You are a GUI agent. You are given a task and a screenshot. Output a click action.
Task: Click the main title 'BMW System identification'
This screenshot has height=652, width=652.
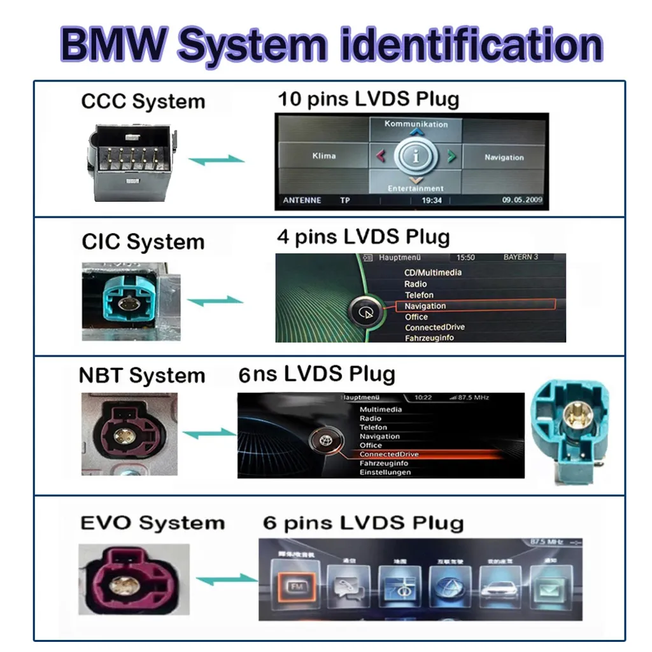click(x=331, y=44)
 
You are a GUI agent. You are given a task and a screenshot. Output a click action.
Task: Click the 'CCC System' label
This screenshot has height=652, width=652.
click(x=143, y=101)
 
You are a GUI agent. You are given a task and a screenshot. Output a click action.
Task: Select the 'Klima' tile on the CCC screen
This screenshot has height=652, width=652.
click(x=323, y=156)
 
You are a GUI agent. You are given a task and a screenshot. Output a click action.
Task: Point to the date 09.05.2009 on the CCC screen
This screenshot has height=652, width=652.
click(x=522, y=200)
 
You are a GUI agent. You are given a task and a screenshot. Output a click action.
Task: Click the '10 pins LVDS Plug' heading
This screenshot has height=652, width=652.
click(x=368, y=99)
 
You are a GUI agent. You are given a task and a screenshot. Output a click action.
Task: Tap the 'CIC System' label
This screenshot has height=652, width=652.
click(x=143, y=242)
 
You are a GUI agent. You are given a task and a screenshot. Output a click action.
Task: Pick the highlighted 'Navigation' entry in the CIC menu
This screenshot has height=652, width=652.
click(x=425, y=306)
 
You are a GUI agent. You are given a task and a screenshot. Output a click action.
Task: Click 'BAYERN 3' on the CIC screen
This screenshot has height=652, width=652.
click(x=520, y=257)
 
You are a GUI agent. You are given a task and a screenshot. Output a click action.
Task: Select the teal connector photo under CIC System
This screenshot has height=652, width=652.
click(x=131, y=300)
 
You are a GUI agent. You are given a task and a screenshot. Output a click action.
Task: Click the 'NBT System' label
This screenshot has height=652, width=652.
click(x=141, y=375)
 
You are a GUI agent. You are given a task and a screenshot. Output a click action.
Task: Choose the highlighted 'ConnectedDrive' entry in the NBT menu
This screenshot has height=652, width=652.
click(x=388, y=454)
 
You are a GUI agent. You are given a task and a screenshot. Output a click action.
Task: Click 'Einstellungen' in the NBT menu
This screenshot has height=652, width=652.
click(x=385, y=472)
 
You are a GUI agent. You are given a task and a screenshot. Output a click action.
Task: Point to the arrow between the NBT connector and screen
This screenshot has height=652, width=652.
click(x=209, y=434)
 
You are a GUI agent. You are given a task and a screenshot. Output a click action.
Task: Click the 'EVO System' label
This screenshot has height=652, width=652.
click(x=153, y=523)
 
